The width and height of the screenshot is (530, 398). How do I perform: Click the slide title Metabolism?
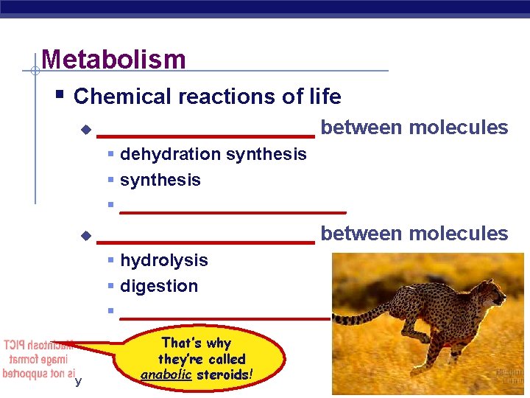click(x=114, y=59)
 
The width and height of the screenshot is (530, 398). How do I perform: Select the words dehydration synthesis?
click(x=213, y=154)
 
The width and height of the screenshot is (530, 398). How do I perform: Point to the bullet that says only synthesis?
click(x=160, y=180)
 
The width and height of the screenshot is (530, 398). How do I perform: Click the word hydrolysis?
click(x=163, y=260)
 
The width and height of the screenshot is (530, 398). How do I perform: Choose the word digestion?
click(x=159, y=286)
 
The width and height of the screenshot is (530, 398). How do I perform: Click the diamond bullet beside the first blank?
click(x=86, y=130)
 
